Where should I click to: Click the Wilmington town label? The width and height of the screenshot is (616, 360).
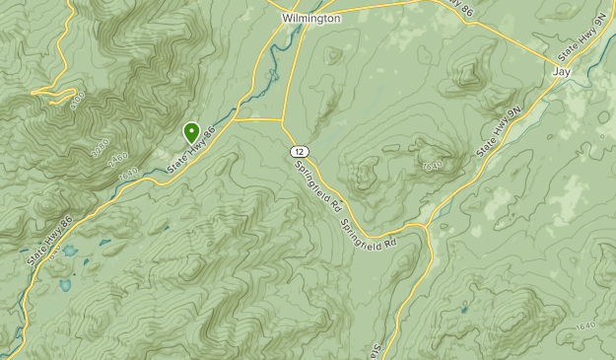tap(310, 18)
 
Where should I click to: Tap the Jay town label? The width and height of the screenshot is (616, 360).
tap(562, 72)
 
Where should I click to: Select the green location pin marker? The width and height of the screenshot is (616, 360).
tap(191, 131)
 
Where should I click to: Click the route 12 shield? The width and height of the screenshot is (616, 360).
tap(297, 150)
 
